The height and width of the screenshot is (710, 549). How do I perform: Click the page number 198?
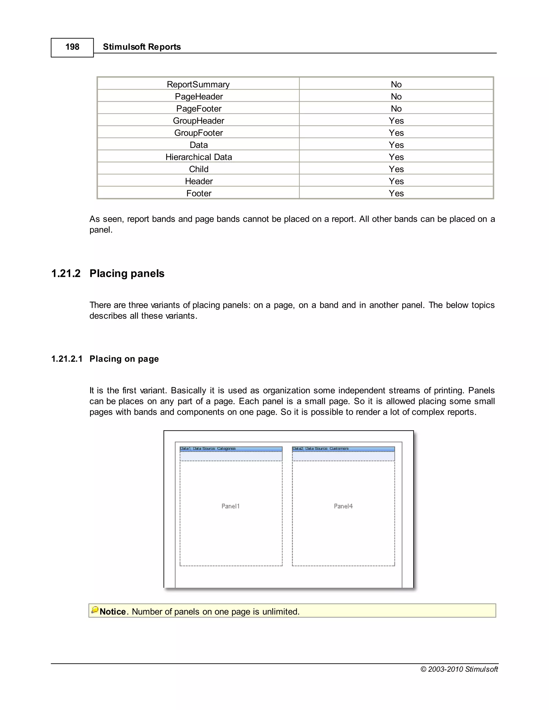pyautogui.click(x=72, y=47)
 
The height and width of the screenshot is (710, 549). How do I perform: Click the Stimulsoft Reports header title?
pyautogui.click(x=142, y=47)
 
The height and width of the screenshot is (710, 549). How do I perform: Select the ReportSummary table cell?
pyautogui.click(x=198, y=84)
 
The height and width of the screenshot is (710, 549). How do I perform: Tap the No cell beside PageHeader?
pyautogui.click(x=396, y=96)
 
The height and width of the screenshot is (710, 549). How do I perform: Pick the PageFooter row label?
pyautogui.click(x=199, y=109)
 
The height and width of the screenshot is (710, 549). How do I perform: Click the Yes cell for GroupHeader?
pyautogui.click(x=396, y=121)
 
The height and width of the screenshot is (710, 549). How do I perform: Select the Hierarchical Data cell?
pyautogui.click(x=199, y=157)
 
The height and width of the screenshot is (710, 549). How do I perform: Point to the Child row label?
pyautogui.click(x=199, y=169)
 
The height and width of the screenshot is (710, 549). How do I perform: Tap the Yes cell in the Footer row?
pyautogui.click(x=396, y=193)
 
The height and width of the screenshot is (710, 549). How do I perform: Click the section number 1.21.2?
pyautogui.click(x=66, y=273)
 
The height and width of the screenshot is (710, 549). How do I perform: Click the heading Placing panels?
pyautogui.click(x=127, y=273)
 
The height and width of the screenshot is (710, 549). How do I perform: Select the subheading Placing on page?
pyautogui.click(x=124, y=359)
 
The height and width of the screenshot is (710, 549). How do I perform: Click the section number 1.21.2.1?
pyautogui.click(x=67, y=359)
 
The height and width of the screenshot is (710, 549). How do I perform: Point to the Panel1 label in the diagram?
pyautogui.click(x=230, y=506)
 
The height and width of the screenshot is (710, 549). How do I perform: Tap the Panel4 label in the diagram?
pyautogui.click(x=343, y=506)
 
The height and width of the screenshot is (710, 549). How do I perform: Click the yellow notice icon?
pyautogui.click(x=95, y=610)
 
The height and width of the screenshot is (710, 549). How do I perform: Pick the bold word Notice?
pyautogui.click(x=113, y=612)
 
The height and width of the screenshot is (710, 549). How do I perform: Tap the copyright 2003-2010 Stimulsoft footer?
pyautogui.click(x=459, y=669)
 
